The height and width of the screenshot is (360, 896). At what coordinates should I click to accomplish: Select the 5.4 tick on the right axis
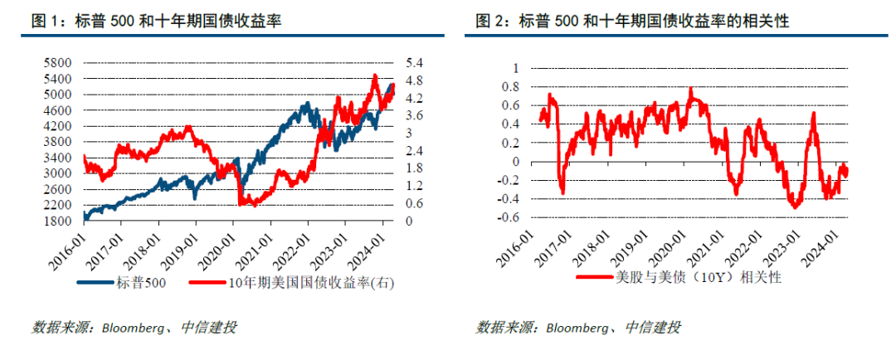click(x=415, y=63)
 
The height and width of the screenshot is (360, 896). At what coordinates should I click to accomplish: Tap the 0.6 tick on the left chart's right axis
click(x=415, y=204)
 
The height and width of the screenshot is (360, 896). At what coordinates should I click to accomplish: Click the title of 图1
click(x=157, y=22)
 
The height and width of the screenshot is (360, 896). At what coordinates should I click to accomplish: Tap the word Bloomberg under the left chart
click(x=132, y=328)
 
